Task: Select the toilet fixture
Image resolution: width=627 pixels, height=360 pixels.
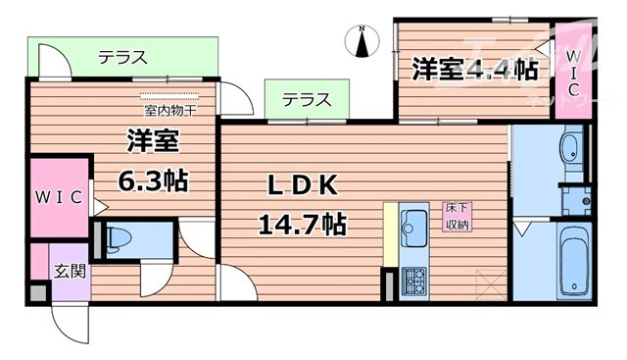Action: (x=121, y=237)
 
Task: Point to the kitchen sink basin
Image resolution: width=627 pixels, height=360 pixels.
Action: (x=413, y=218)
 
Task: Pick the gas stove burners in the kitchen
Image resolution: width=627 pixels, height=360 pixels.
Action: (x=412, y=279)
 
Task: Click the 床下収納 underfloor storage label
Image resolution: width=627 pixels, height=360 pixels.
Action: (x=457, y=216)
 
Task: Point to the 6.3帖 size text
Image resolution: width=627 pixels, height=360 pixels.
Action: (x=154, y=181)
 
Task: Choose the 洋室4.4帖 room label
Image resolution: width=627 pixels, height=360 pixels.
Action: (x=474, y=70)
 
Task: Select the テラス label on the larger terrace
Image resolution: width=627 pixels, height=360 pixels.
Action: (x=121, y=58)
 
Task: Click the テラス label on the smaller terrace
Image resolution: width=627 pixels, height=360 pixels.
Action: (x=307, y=100)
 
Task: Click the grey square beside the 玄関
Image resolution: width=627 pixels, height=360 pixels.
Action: (x=37, y=292)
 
